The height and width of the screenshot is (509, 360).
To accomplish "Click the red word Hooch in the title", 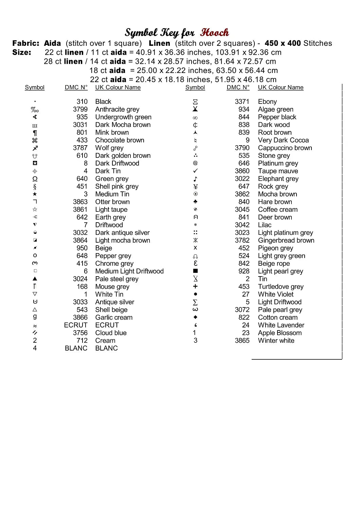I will [x=214, y=33].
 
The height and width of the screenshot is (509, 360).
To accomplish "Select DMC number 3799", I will [x=80, y=109].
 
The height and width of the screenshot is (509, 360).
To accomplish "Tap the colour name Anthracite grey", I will [x=117, y=109].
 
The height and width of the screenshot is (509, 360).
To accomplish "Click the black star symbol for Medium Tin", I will [x=35, y=194].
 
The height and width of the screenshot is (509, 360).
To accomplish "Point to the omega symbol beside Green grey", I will [x=35, y=179].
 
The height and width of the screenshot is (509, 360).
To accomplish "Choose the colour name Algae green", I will [x=275, y=109].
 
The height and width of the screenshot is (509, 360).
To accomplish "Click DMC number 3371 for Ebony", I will [x=242, y=101].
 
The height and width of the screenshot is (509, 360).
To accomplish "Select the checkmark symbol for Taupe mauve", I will [x=195, y=171].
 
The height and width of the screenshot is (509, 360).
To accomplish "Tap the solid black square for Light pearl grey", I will [x=195, y=271].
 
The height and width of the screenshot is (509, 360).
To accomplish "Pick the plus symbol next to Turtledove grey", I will [x=195, y=287].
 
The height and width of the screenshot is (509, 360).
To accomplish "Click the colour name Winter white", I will [x=276, y=340].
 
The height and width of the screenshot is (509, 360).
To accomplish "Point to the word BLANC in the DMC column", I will [x=76, y=348].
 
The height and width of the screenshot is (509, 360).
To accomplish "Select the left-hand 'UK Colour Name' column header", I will [x=118, y=88].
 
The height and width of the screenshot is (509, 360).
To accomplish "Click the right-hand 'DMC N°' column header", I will [x=238, y=88].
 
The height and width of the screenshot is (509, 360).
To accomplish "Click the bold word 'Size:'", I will [x=22, y=52].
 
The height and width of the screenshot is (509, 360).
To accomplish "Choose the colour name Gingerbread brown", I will [x=286, y=240].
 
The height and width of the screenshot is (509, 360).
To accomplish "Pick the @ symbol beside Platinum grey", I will [x=195, y=163].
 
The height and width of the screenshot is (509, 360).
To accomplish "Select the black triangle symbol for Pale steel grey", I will [x=35, y=279].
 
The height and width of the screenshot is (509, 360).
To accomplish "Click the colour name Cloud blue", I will [x=111, y=333].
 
